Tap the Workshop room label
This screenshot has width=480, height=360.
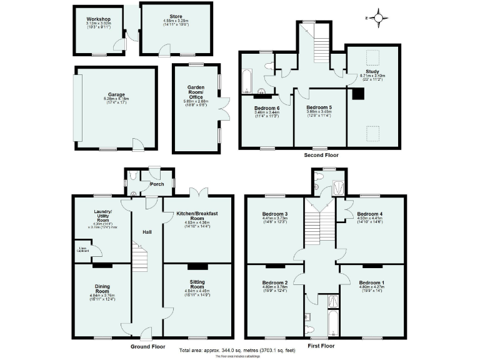pos(98,19)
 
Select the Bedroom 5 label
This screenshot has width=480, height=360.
pos(319,107)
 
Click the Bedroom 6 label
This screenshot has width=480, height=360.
pos(267,107)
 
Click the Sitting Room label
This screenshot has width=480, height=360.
pos(197,286)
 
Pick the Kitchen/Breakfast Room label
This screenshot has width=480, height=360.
pos(197,216)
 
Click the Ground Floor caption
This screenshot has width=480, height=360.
pos(147,346)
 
